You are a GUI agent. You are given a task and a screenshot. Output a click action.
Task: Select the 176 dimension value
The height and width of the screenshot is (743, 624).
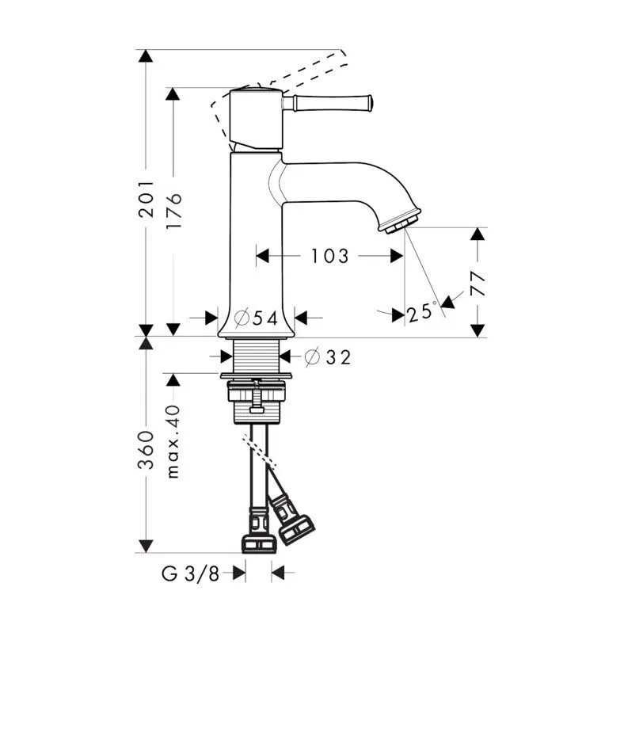[174, 209]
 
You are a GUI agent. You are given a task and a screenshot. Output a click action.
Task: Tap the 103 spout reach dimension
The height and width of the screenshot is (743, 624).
[329, 256]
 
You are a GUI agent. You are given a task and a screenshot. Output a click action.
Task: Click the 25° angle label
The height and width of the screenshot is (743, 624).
[422, 312]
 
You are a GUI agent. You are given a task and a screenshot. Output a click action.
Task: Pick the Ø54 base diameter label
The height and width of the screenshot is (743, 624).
[257, 318]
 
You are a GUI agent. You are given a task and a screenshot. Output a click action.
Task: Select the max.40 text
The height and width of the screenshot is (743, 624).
[173, 441]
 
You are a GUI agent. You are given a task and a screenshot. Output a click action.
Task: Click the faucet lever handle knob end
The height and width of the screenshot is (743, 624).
[367, 102]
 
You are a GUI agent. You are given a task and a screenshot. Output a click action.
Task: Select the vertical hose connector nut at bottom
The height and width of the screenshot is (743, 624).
[258, 543]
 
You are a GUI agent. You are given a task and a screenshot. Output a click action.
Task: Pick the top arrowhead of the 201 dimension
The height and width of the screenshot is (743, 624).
[146, 56]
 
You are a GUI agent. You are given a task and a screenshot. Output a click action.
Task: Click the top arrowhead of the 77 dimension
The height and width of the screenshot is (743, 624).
[477, 234]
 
